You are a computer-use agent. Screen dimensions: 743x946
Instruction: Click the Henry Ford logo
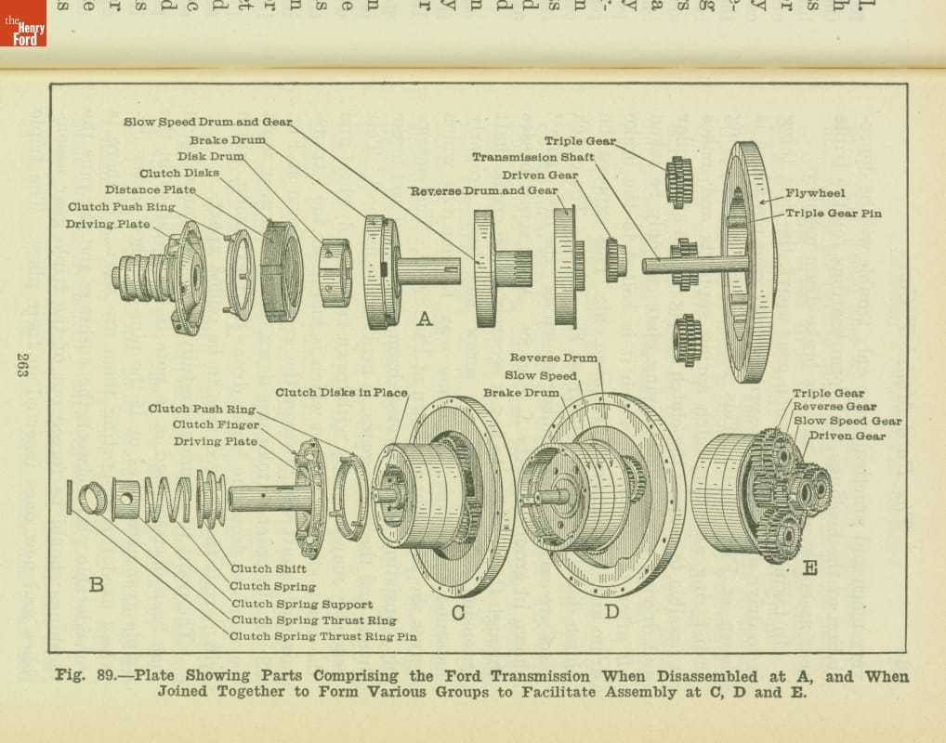point(22,23)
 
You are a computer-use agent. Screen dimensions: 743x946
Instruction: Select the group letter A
point(425,319)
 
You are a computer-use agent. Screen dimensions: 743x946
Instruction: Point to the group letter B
point(96,584)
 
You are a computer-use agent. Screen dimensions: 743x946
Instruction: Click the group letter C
point(458,612)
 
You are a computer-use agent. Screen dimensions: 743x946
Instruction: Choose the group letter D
point(611,611)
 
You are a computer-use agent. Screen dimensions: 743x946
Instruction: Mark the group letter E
point(809,567)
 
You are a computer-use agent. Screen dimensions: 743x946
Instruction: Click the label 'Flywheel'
point(815,193)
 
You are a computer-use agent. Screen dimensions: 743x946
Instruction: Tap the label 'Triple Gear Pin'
point(833,213)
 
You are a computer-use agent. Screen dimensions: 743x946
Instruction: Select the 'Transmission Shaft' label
point(532,157)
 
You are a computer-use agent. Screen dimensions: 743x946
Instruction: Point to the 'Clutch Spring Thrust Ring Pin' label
point(323,636)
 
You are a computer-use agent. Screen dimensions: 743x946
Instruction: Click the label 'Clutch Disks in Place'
point(341,393)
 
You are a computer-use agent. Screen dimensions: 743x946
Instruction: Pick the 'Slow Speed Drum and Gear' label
point(207,122)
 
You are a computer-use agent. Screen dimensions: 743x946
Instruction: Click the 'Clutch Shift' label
point(269,568)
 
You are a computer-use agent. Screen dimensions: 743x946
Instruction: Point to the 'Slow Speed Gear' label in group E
point(847,421)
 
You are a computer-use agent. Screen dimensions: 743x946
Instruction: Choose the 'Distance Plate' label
point(151,189)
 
